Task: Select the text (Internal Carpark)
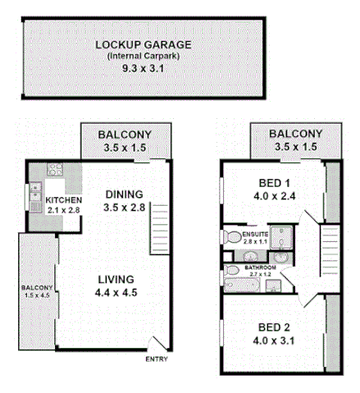click(x=143, y=56)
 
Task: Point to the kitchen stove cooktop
click(x=56, y=171)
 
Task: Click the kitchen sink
click(x=35, y=194)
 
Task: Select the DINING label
click(x=125, y=194)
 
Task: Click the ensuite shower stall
click(x=284, y=236)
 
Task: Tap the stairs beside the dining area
click(x=159, y=229)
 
